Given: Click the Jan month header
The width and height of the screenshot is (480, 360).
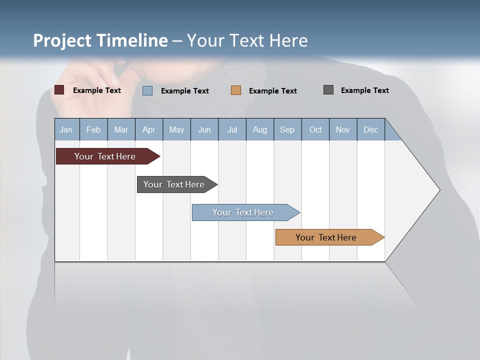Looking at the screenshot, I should tap(66, 129).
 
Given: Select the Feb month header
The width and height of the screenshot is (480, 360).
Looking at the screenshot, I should tap(93, 129).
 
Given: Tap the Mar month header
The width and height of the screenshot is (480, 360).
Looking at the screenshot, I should tap(121, 129).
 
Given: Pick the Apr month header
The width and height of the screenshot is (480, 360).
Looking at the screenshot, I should tap(149, 129).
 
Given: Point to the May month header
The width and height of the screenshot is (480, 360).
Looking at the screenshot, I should tap(176, 129).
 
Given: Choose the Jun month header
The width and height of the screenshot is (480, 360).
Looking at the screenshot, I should tap(204, 129).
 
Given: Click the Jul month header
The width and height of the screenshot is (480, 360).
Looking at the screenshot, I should tap(232, 129).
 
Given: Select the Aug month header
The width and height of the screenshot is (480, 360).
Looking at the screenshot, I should tap(260, 129).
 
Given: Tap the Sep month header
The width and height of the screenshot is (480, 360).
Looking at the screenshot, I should tap(287, 129).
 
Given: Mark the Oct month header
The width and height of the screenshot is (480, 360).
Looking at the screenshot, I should tap(315, 129).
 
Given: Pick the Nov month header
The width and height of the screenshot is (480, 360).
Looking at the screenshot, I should tap(343, 129).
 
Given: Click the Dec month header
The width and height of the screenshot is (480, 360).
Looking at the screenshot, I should tap(371, 129).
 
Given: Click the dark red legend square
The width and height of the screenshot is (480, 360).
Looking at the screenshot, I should tap(59, 90).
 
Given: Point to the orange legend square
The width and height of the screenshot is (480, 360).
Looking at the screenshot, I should tap(236, 90).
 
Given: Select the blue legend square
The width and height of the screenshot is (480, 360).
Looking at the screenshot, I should tap(147, 90).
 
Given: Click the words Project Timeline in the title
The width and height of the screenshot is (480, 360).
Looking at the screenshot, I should tap(100, 40).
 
